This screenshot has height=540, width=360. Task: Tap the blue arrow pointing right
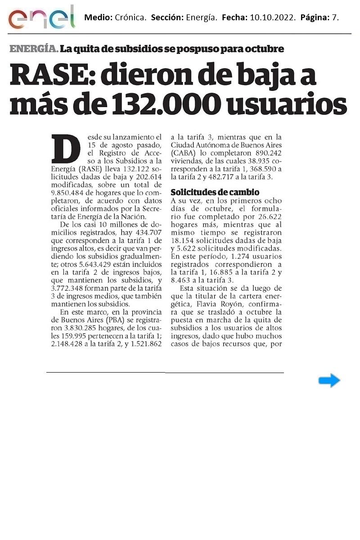coord(329,381)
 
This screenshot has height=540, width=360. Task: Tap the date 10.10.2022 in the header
coord(271,18)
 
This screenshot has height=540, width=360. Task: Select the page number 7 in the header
coord(336,18)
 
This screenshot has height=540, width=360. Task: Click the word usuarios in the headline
coord(288,104)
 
